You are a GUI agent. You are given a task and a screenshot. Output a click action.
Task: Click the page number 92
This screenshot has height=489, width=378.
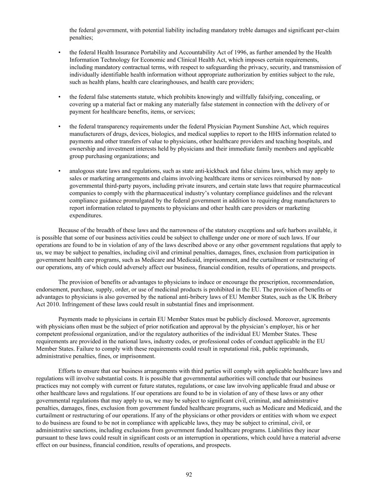[x=189, y=475]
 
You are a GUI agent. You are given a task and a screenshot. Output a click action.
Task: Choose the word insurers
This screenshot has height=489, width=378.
[x=230, y=186]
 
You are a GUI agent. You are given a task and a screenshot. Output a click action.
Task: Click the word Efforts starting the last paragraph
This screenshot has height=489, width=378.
[x=67, y=371]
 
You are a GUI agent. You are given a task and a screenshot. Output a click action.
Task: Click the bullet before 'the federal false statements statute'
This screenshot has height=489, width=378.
[x=59, y=97]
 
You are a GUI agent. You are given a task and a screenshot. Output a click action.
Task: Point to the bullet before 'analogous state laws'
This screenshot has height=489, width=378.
[x=59, y=171]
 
